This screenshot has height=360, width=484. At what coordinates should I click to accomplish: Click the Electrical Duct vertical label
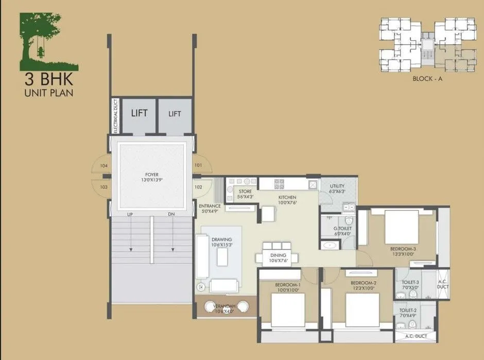pyautogui.click(x=115, y=116)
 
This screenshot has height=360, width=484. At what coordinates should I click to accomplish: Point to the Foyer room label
pyautogui.click(x=151, y=177)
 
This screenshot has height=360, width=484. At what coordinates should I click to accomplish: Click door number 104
pyautogui.click(x=103, y=166)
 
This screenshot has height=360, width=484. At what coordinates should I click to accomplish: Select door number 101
pyautogui.click(x=199, y=165)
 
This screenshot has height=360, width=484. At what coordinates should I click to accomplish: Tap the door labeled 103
pyautogui.click(x=103, y=187)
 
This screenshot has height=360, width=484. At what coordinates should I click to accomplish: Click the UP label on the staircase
pyautogui.click(x=131, y=214)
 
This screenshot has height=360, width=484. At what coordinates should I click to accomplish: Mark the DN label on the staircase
pyautogui.click(x=171, y=214)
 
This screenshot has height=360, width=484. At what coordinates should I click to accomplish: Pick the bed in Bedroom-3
pyautogui.click(x=401, y=223)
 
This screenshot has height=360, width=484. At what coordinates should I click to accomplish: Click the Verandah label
pyautogui.click(x=224, y=307)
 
